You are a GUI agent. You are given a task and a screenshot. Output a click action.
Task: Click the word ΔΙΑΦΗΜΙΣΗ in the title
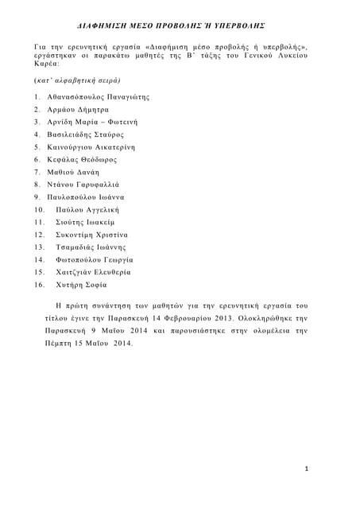tap(115, 25)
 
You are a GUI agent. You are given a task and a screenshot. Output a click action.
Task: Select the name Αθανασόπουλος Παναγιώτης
tap(98, 96)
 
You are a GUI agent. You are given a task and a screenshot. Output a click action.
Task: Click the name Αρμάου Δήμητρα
tap(78, 109)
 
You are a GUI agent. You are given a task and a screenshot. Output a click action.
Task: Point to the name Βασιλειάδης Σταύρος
tap(86, 134)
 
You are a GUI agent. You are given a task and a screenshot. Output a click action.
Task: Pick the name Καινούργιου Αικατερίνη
tap(91, 147)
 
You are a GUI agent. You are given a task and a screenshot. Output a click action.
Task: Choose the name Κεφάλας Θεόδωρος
tap(83, 159)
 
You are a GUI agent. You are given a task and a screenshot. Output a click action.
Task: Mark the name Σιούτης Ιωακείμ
tap(86, 222)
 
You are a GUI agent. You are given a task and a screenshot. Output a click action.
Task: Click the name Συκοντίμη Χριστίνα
tap(92, 235)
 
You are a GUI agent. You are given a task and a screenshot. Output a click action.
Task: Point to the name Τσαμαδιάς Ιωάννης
tap(91, 247)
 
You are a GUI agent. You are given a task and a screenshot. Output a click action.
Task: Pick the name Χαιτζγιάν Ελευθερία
tap(94, 272)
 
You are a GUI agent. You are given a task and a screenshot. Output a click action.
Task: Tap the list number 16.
tap(38, 285)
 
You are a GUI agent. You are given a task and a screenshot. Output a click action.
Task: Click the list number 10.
tap(38, 209)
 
